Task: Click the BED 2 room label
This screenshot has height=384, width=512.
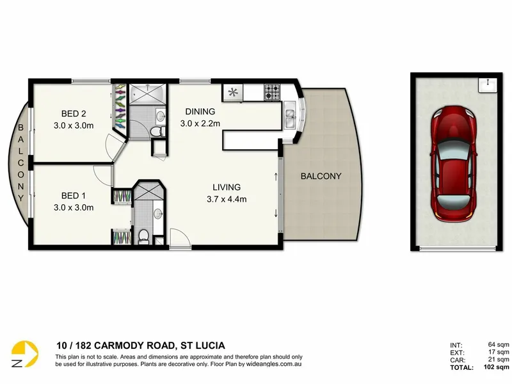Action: pos(74,114)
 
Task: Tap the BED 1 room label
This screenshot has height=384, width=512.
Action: pos(74,196)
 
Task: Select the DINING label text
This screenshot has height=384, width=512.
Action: pos(200,111)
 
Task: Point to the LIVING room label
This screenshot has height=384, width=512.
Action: pos(227,187)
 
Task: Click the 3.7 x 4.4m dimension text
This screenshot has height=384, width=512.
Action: pos(227,199)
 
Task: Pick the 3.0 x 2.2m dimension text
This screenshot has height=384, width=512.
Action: pos(200,124)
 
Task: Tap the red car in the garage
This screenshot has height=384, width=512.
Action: pos(453,164)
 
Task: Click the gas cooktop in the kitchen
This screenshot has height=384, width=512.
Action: pos(272,92)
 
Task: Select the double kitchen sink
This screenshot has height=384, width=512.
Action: pos(289,118)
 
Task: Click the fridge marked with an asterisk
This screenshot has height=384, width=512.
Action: pos(233,92)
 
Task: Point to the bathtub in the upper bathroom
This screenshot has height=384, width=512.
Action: pos(148,94)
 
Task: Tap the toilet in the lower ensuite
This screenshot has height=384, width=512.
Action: pos(143,237)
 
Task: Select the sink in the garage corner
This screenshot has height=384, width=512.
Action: pos(488,85)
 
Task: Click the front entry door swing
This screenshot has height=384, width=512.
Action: pos(180,238)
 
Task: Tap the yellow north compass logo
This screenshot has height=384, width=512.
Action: pos(24,354)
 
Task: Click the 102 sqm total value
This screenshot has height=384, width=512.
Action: pos(497,367)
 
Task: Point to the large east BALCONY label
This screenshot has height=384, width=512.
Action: pos(321,177)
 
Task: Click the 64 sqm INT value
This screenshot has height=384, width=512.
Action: pos(499,344)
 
